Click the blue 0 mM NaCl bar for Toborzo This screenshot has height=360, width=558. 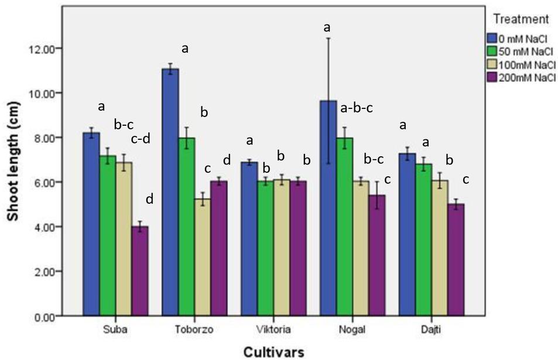click(170, 193)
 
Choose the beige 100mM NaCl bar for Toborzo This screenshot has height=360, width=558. click(202, 258)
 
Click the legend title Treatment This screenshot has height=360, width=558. click(521, 19)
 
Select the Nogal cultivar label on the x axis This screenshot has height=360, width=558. click(352, 330)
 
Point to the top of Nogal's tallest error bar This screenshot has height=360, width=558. click(328, 38)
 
